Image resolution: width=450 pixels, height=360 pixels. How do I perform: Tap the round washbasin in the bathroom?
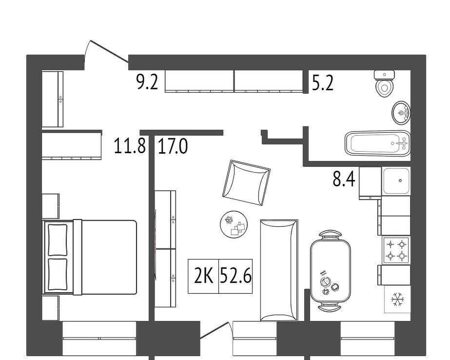401,113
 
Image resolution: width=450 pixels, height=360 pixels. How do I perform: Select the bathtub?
378,143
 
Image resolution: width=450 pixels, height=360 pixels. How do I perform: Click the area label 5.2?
323,83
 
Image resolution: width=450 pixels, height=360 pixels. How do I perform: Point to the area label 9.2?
147,82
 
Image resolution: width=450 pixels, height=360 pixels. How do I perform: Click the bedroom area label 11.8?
130,146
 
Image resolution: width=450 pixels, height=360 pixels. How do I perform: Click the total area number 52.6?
235,276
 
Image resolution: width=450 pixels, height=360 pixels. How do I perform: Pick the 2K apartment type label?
203,276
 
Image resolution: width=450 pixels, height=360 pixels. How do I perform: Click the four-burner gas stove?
396,249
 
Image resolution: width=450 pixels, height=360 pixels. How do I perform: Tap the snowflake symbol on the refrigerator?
397,299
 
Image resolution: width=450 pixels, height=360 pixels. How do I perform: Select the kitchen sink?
396,181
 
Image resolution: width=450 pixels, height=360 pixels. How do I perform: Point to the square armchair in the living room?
246,182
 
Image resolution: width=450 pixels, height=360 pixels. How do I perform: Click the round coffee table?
234,224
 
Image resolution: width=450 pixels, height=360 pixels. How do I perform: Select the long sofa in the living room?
279,270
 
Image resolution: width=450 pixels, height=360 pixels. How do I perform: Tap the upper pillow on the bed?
58,240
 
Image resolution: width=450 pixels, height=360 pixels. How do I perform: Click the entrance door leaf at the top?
109,51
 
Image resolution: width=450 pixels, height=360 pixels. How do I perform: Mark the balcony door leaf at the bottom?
214,330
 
